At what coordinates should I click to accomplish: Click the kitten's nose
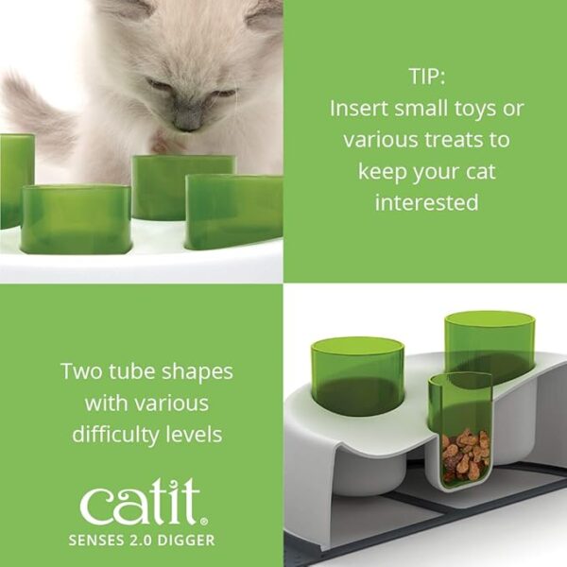tap(188, 124)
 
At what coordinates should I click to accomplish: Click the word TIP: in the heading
tap(427, 77)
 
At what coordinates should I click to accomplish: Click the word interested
tap(427, 202)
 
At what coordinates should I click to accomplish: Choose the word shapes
tap(198, 372)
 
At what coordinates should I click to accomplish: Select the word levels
tap(194, 434)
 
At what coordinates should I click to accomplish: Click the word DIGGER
tap(187, 541)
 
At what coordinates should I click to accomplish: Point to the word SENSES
tap(96, 541)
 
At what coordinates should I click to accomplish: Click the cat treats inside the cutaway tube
tap(465, 455)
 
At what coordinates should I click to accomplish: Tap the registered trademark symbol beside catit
tap(205, 522)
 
